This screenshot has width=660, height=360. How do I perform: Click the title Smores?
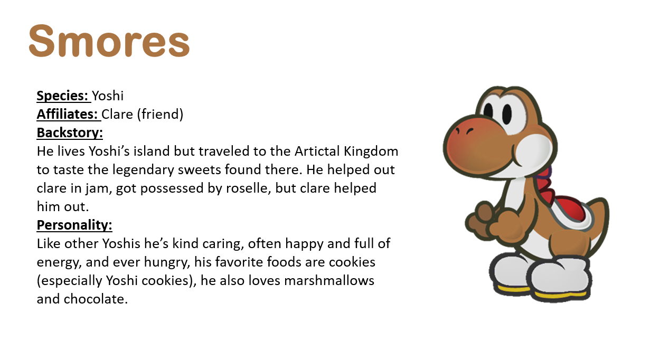pyautogui.click(x=109, y=41)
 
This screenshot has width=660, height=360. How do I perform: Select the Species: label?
pyautogui.click(x=62, y=96)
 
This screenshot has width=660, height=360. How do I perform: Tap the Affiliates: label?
pyautogui.click(x=67, y=114)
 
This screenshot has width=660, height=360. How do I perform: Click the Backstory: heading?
pyautogui.click(x=70, y=132)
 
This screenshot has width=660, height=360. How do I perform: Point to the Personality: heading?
pyautogui.click(x=74, y=225)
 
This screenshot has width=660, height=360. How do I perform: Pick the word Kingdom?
pyautogui.click(x=371, y=151)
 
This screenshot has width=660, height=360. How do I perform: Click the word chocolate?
pyautogui.click(x=96, y=299)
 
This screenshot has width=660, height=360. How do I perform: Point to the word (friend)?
pyautogui.click(x=161, y=115)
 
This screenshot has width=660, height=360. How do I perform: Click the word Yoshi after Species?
pyautogui.click(x=108, y=96)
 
